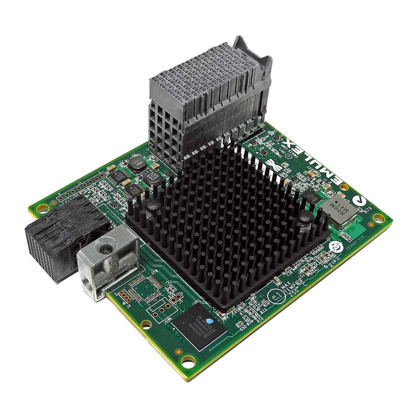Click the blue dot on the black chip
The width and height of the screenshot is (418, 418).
coord(209,321)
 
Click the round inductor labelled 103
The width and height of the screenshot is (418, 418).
coord(152,178)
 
